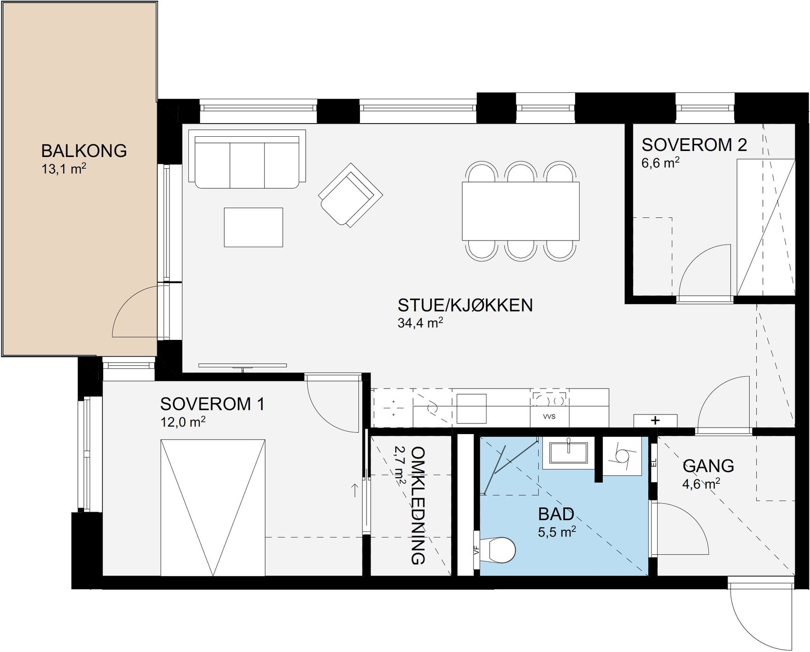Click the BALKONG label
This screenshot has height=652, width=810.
pos(84,151)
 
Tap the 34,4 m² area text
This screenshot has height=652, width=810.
pos(420,323)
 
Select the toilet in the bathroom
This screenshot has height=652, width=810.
pos(499,549)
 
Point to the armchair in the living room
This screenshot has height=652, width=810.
pos(350,195)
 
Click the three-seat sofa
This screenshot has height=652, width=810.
pos(247,159)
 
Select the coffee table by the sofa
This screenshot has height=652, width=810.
pos(253,227)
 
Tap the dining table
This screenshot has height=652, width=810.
pos(520,211)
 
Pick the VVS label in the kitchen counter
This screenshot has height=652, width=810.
pos(549,417)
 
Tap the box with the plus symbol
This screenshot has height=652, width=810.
pos(655,420)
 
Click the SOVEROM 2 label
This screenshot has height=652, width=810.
pos(694,145)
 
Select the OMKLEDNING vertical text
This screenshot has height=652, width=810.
pos(418,506)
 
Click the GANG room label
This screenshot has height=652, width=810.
pos(708,466)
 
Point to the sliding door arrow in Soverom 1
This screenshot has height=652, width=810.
pos(354,490)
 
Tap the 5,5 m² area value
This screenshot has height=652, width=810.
pos(556,532)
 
